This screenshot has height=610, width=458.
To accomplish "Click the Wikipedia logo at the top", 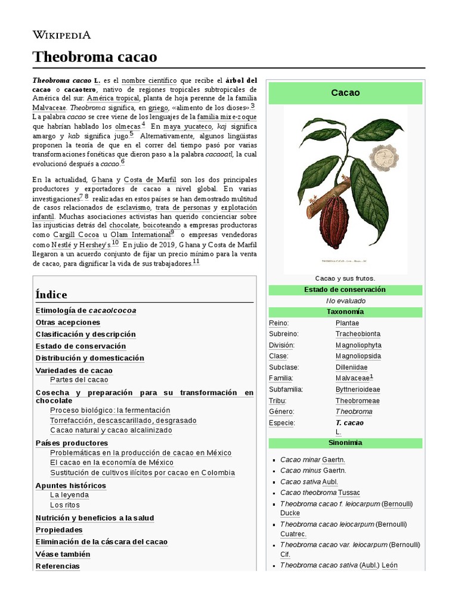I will pos(61,35).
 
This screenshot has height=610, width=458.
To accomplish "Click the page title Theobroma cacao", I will pos(95,57).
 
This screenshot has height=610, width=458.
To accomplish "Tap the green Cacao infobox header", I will pos(345,93).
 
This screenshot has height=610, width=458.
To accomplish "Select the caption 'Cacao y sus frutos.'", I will pos(345,278).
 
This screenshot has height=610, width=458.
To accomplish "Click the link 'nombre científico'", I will pos(149,80).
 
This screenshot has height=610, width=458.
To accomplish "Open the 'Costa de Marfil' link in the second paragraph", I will pos(150,179).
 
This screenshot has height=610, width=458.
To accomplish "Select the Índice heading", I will pos(51,295).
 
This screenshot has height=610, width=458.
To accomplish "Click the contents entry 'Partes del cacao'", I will pos(79,379).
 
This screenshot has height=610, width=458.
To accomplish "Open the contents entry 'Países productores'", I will pos(72,443).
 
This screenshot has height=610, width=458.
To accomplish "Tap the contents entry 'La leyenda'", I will pos(69,494).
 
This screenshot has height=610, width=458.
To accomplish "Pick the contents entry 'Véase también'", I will pos(63,554).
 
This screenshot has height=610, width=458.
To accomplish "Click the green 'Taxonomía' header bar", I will pos(345,312).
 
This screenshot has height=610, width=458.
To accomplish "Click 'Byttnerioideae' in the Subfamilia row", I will pos(357,389).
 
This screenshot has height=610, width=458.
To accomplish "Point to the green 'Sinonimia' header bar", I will pos(345,443).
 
